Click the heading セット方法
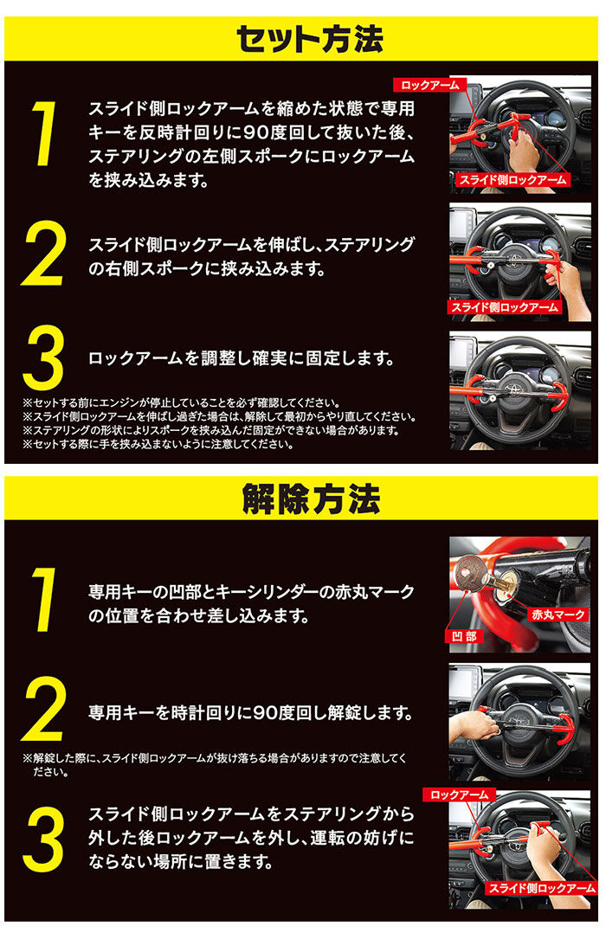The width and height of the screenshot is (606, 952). pyautogui.click(x=309, y=39)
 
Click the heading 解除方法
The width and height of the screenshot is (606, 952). pyautogui.click(x=309, y=499)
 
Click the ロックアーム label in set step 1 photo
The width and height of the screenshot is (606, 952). pyautogui.click(x=430, y=85)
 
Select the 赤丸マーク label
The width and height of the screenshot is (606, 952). pyautogui.click(x=557, y=614)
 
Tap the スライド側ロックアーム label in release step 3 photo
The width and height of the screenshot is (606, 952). pyautogui.click(x=541, y=888)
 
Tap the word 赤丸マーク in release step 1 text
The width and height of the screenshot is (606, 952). pyautogui.click(x=371, y=593)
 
